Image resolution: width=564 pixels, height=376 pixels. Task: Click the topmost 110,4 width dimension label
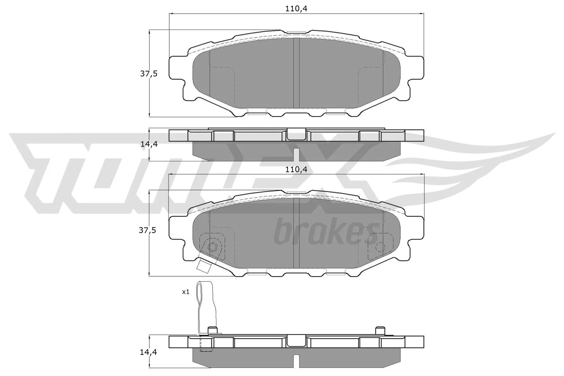(296, 9)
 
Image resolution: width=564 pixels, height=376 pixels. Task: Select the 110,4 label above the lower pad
(296, 169)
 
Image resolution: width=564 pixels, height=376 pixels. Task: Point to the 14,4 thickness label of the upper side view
(148, 144)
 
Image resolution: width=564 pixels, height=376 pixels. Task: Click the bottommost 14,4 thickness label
(148, 352)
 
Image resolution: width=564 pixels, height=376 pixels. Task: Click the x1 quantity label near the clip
(185, 292)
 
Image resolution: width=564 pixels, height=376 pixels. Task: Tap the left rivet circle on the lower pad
(213, 247)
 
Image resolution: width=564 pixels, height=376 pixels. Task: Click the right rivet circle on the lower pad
(380, 246)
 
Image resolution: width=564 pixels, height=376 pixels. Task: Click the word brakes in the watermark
(326, 233)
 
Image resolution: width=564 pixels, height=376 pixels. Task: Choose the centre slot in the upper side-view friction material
(296, 154)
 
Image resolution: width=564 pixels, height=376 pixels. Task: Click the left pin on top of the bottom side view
(212, 330)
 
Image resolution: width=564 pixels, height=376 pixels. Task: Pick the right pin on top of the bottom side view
(380, 330)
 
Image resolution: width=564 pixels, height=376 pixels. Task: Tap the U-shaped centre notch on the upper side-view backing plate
(296, 134)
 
